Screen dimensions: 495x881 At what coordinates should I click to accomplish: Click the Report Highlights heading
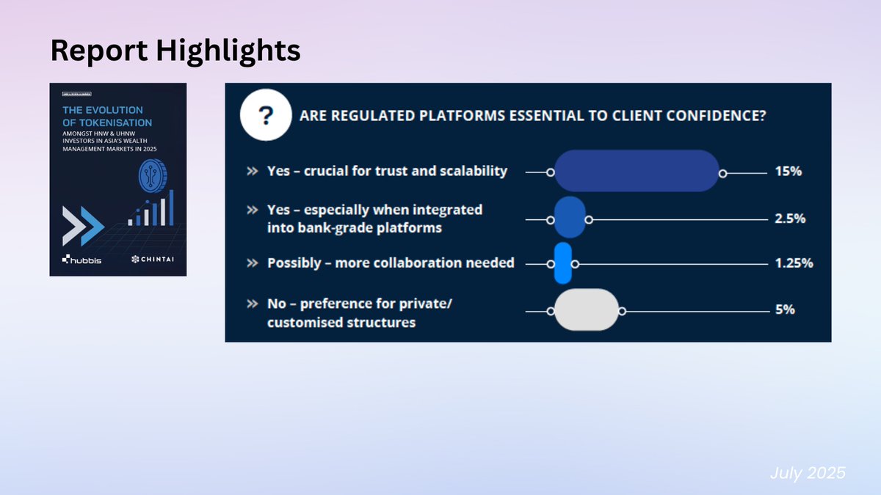tap(175, 51)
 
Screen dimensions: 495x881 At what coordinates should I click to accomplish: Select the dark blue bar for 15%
tap(637, 171)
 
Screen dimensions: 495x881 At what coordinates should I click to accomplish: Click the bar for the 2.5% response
tap(569, 217)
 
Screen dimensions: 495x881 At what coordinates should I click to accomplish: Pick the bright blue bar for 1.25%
tap(562, 263)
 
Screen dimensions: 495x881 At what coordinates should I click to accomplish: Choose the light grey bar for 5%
tap(586, 309)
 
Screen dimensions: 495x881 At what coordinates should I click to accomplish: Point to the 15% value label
tap(788, 172)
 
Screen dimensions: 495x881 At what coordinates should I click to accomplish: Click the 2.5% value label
tap(790, 219)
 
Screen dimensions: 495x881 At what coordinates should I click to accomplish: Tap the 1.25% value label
tap(794, 263)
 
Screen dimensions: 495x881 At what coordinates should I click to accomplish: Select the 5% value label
tap(785, 309)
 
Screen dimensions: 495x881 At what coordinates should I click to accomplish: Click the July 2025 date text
tap(808, 473)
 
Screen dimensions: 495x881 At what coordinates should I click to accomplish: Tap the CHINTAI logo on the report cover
tap(153, 259)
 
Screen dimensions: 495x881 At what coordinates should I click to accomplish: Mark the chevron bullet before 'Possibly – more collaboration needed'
tap(253, 263)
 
